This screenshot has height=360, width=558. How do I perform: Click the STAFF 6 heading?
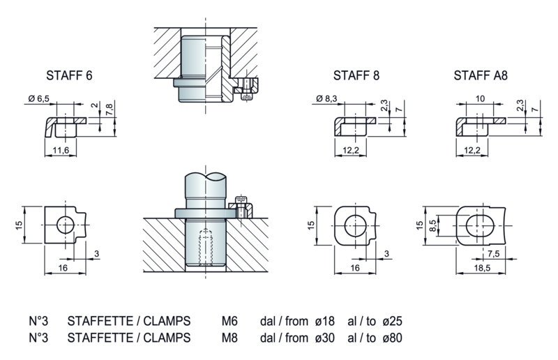tap(68, 76)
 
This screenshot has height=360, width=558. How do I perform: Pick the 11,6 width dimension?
tap(61, 150)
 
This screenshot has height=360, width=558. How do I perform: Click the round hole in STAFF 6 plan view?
tap(65, 225)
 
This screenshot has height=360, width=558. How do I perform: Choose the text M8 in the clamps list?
tap(229, 338)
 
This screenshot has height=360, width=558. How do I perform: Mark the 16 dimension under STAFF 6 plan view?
tap(61, 267)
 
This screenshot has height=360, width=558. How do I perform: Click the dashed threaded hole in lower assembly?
tap(205, 247)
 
